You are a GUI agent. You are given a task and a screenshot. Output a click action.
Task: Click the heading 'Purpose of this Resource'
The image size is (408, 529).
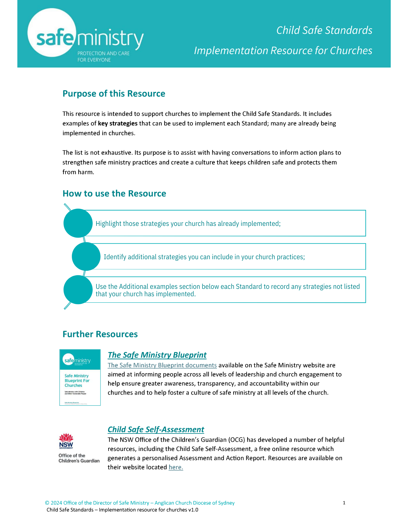(114, 94)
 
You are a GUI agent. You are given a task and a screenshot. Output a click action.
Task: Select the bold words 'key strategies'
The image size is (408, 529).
(118, 124)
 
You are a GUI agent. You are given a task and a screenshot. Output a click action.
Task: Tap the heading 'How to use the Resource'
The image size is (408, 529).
(114, 194)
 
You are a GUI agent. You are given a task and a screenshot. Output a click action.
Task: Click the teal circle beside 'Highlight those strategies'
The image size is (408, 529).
(78, 223)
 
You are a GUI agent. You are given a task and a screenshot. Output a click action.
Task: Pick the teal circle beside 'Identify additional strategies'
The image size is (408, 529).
(86, 257)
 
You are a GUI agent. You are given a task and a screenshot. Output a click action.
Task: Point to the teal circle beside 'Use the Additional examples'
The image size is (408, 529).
(78, 290)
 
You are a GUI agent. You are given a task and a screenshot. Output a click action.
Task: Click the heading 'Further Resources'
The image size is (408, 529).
(100, 334)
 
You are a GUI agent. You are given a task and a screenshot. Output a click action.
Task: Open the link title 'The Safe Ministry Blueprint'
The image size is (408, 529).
(157, 355)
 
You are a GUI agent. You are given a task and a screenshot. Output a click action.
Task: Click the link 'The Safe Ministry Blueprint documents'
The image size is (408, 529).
(162, 365)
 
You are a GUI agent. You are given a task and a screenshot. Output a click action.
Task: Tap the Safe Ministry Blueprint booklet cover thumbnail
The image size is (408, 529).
(80, 377)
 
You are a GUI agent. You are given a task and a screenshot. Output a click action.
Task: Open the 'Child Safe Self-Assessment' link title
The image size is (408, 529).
(156, 430)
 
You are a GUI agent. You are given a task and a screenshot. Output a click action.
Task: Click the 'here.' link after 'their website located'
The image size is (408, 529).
(176, 467)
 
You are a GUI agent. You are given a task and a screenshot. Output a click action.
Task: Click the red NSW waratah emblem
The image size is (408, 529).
(66, 438)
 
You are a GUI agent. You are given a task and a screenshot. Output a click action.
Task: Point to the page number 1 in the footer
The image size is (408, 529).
(344, 503)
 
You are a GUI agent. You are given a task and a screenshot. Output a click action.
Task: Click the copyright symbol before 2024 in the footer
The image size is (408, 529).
(47, 503)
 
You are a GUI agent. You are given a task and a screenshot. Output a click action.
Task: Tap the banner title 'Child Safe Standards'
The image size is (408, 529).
(324, 30)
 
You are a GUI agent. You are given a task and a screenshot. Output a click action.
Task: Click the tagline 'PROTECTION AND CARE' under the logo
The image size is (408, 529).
(104, 53)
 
